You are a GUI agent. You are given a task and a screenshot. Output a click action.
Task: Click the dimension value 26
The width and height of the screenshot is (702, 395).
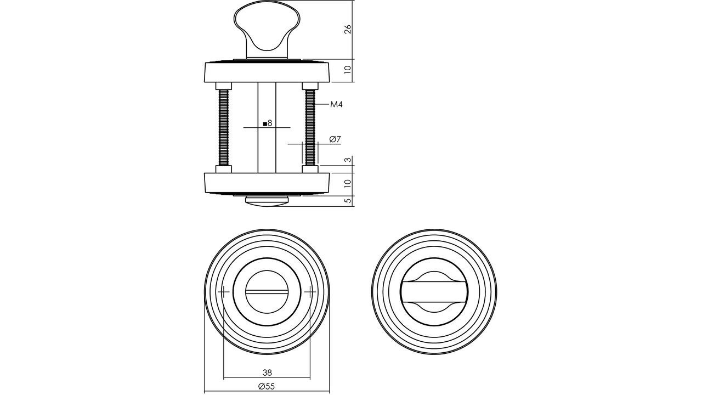click(347, 30)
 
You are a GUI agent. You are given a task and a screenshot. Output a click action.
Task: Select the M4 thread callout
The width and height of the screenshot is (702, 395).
click(336, 104)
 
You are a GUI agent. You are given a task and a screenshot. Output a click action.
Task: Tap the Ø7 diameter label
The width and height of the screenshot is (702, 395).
click(335, 139)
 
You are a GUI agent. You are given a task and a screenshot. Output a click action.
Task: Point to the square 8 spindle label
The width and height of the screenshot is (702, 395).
click(268, 123)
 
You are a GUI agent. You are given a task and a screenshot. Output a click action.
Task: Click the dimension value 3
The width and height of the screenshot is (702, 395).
click(347, 160)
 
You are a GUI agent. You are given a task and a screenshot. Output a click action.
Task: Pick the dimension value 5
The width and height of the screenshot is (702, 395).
click(347, 201)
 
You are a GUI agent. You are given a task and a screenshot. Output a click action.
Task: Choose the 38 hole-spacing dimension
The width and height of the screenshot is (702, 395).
click(267, 372)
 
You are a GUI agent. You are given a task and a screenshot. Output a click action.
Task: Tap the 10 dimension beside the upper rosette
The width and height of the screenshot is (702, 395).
click(347, 70)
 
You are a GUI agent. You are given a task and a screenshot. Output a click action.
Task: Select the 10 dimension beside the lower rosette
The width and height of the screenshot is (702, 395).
click(347, 184)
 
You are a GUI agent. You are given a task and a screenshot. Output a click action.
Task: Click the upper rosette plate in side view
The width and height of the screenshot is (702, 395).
click(267, 72)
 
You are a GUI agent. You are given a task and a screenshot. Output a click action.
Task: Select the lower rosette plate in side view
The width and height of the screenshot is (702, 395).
click(267, 183)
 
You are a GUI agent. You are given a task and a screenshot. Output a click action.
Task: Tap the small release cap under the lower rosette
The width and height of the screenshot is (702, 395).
click(267, 201)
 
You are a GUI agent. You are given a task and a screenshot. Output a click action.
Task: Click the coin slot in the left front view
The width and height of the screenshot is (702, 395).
click(267, 291)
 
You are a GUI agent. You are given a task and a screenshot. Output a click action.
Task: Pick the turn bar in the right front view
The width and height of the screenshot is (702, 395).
click(433, 291)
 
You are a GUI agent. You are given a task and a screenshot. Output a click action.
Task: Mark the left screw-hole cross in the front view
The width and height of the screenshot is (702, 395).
click(224, 292)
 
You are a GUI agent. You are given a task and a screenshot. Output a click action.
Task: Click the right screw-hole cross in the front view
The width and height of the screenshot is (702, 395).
click(310, 292)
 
